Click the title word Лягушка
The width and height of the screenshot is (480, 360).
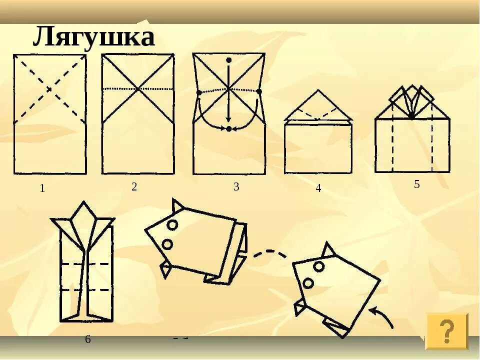(x=93, y=37)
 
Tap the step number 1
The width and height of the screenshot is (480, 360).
(x=42, y=189)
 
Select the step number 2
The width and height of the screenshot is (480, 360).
(x=134, y=187)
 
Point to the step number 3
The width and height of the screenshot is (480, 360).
(x=236, y=187)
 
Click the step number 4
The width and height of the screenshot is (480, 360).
(x=318, y=189)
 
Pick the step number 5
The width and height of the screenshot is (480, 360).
(x=416, y=184)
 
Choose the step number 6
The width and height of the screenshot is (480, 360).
(x=88, y=339)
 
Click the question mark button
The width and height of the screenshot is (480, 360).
(x=446, y=330)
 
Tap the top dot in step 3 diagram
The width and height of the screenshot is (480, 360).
(x=229, y=60)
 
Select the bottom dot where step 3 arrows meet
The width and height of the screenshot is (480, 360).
(x=228, y=129)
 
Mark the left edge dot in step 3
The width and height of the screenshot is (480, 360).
(x=199, y=93)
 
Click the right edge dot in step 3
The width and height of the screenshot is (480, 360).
(x=259, y=91)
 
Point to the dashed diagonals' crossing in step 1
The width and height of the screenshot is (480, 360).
(x=49, y=89)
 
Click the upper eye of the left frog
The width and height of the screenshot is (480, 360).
(x=172, y=225)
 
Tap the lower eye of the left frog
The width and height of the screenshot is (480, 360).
(x=167, y=244)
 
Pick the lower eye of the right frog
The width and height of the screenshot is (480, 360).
(x=308, y=283)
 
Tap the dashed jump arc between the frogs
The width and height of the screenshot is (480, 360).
(x=270, y=252)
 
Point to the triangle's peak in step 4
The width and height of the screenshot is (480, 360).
(x=318, y=91)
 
